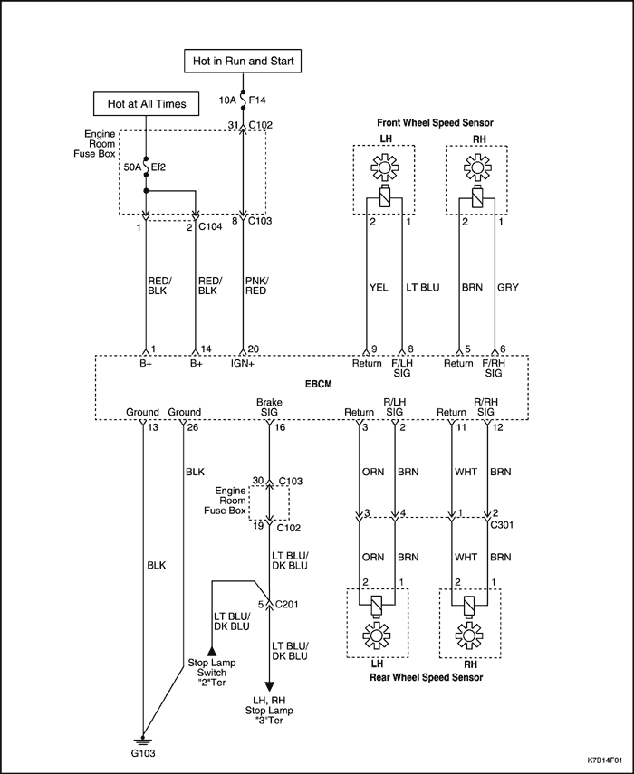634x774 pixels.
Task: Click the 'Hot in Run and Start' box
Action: coord(243,62)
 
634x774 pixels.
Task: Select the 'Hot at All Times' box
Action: coord(146,104)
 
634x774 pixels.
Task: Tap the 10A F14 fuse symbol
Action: coord(243,100)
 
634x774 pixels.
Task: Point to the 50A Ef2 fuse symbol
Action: coord(146,167)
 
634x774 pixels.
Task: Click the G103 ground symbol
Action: coord(143,741)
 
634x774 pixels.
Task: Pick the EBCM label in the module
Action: coord(318,384)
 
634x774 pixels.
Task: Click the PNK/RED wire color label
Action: coord(256,286)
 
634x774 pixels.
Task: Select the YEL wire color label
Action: coord(379,287)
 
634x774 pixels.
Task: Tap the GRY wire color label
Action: coord(508,287)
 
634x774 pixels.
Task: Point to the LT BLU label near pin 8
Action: coord(423,287)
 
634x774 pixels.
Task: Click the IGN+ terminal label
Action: coord(243,363)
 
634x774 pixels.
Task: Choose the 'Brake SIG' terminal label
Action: coord(269,407)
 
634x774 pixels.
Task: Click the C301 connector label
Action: coord(502,525)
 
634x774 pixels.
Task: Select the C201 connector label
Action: coord(287,604)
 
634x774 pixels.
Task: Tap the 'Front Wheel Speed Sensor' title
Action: coord(435,123)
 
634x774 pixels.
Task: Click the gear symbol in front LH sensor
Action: coord(384,167)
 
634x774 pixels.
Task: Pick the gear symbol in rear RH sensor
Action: coord(469,635)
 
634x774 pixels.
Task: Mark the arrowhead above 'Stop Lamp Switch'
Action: coord(212,651)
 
